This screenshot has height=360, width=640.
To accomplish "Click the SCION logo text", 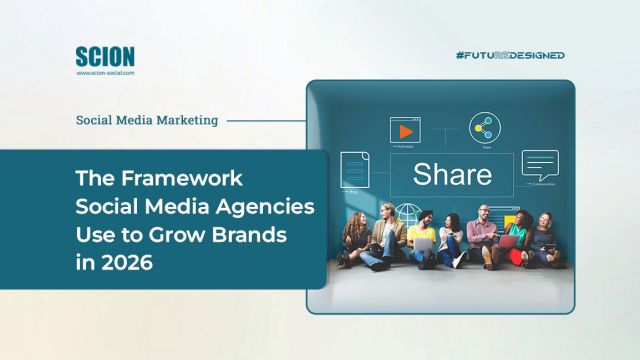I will point(104,56).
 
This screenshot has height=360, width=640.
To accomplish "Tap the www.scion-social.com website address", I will point(105,72).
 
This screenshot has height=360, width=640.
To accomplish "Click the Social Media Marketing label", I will point(147,120).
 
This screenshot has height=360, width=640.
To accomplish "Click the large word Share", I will point(452,174).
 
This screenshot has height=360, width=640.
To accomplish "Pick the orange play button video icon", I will point(405,131).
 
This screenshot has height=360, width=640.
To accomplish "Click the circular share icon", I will point(486,128).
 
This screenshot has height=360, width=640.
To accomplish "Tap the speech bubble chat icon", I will point(540,163).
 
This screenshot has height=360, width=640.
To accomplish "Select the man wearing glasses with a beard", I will point(483,235).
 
